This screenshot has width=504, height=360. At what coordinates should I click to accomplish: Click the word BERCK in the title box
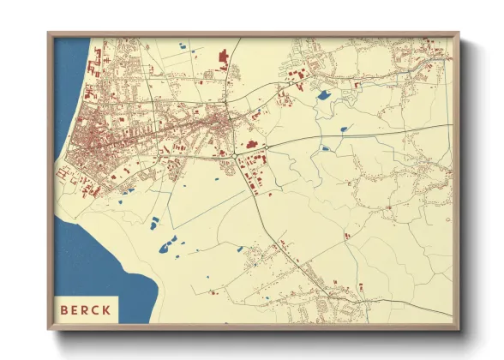pos(85,309)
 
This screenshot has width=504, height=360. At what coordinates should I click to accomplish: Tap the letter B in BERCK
pos(63,309)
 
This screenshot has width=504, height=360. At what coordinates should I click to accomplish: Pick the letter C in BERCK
pos(95,309)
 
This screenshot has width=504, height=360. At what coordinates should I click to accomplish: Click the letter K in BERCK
pos(106,309)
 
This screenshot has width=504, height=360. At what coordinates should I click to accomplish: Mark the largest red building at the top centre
pos(225,59)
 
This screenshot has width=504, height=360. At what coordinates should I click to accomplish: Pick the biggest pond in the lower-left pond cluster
pos(166,249)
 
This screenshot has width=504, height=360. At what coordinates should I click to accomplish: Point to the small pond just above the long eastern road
pos(344,129)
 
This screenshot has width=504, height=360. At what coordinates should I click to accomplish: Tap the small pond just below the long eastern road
pos(325,147)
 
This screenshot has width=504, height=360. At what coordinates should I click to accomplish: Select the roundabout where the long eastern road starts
pos(266,147)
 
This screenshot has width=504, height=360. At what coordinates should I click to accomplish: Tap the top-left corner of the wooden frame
pos(49,34)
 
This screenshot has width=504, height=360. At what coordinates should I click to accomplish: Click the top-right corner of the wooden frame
pos(458,34)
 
